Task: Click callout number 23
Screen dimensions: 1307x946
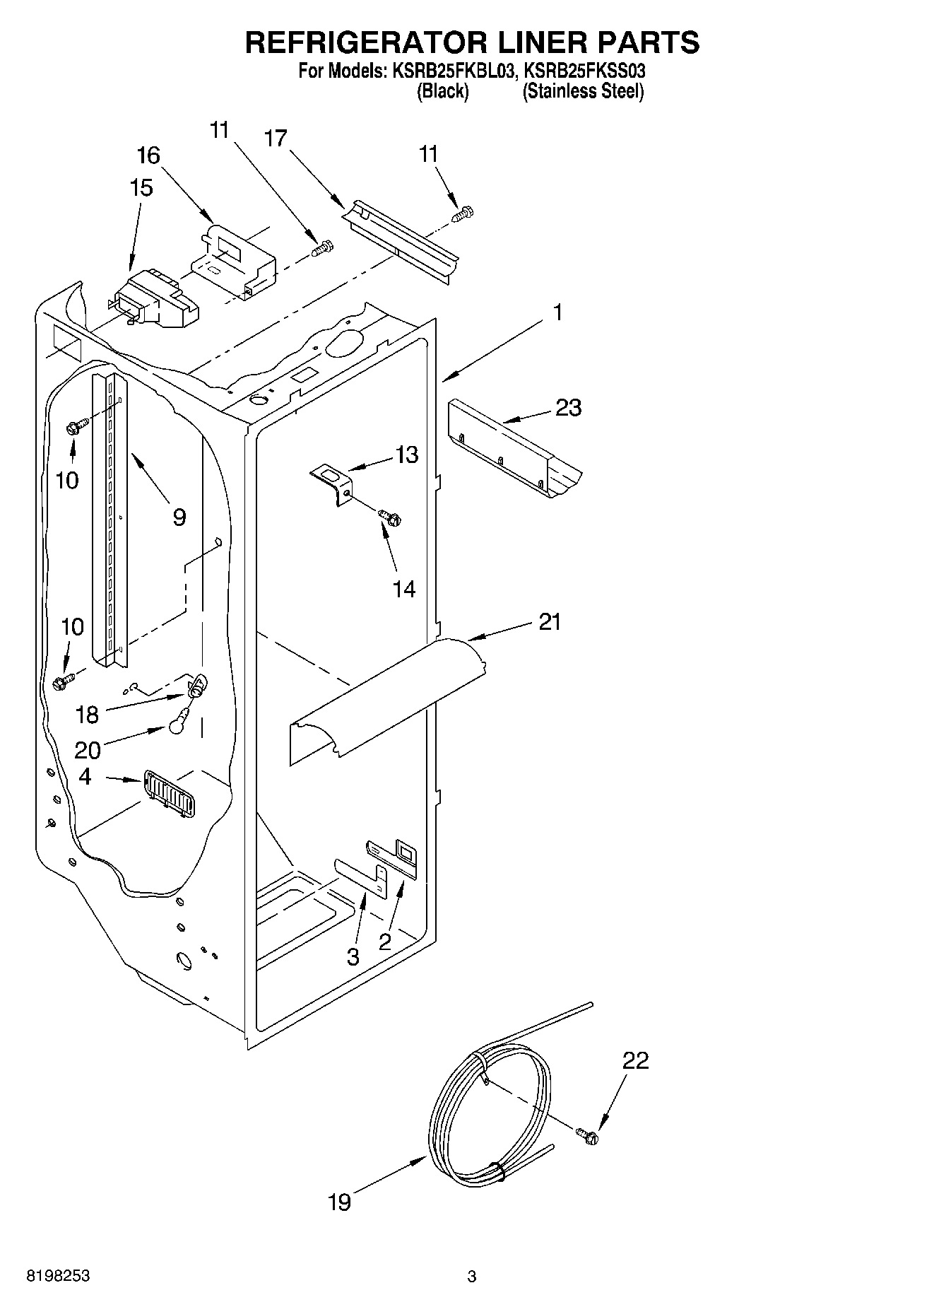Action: click(x=568, y=408)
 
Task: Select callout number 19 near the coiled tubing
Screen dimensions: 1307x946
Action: click(x=340, y=1202)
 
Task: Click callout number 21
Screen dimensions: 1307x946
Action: click(x=550, y=622)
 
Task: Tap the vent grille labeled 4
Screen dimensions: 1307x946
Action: click(x=170, y=794)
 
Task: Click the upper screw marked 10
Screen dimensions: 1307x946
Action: click(x=76, y=426)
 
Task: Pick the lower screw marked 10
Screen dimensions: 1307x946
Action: click(x=62, y=681)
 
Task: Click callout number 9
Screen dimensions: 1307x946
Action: click(x=179, y=517)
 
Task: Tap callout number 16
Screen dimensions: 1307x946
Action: click(x=148, y=156)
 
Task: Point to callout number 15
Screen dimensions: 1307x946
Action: click(x=141, y=188)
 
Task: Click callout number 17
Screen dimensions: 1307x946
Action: click(x=276, y=139)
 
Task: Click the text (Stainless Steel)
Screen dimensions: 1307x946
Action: click(x=583, y=91)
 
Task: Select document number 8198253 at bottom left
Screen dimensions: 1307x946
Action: click(x=58, y=1276)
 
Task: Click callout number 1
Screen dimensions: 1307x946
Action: click(x=558, y=312)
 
